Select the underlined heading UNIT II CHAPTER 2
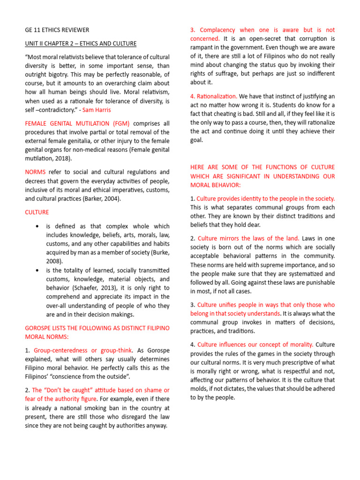click(x=81, y=44)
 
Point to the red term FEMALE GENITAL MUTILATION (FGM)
click(x=77, y=123)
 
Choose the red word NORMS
click(x=35, y=172)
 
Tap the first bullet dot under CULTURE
click(x=37, y=226)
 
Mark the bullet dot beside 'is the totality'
click(x=37, y=270)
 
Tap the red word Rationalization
click(x=217, y=96)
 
